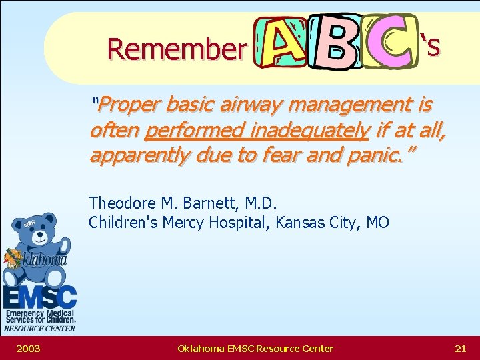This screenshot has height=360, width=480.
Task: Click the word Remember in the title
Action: tap(176, 49)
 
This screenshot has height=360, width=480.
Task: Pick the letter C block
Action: tap(390, 41)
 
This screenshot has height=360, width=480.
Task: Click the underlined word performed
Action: tap(189, 131)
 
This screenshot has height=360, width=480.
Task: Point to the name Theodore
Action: tap(122, 203)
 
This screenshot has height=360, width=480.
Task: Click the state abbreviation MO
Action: tap(377, 222)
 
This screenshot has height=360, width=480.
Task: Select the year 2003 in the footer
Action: tap(27, 348)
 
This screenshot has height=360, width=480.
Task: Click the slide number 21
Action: tap(460, 348)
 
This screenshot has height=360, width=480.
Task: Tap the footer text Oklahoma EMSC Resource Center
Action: tap(255, 348)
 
